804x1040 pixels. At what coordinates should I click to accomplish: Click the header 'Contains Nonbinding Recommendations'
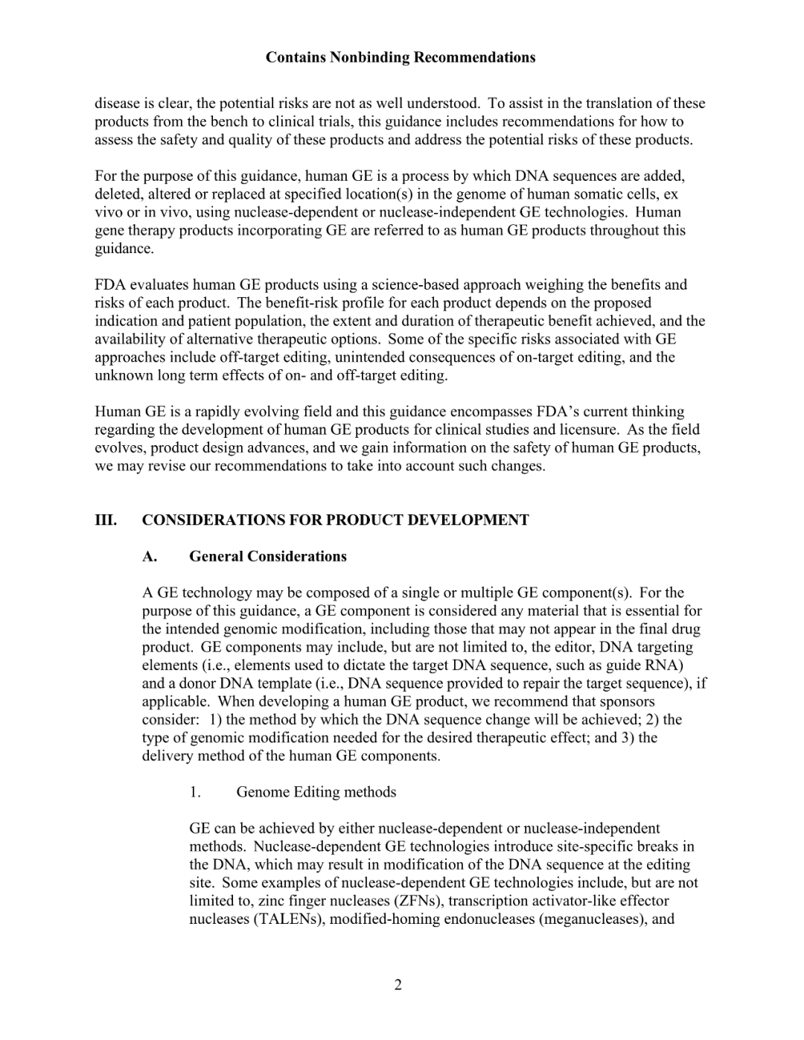(400, 57)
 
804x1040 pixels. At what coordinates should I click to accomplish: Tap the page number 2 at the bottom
(398, 986)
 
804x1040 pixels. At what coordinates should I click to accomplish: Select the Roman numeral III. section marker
(106, 520)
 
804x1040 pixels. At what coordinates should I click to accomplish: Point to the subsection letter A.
(150, 557)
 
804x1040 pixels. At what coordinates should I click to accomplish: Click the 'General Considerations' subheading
(267, 557)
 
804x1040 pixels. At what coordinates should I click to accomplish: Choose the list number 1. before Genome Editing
(194, 792)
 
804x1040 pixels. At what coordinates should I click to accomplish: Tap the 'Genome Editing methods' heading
(316, 792)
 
